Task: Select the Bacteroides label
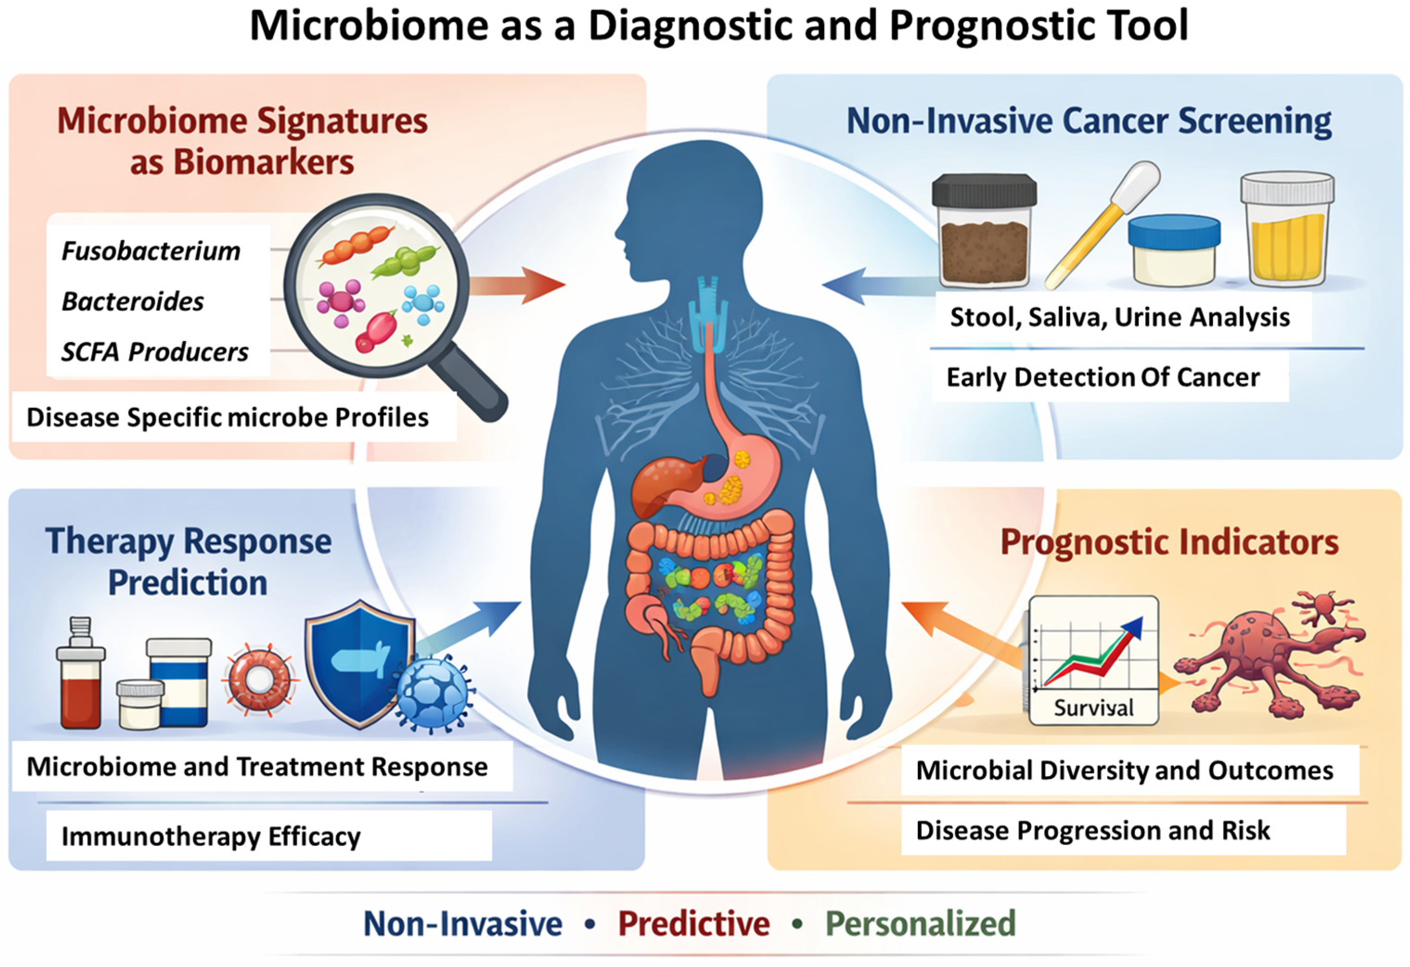(x=133, y=301)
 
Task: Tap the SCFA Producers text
(x=155, y=352)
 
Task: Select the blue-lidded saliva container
(x=1174, y=250)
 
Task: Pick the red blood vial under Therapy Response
(x=81, y=672)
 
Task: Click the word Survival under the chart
(x=1093, y=708)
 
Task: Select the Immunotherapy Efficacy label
(x=211, y=837)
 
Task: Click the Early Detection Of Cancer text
(x=1103, y=377)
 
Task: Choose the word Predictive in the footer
(x=694, y=923)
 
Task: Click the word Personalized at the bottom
(x=920, y=923)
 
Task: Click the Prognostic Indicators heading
(x=1169, y=542)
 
